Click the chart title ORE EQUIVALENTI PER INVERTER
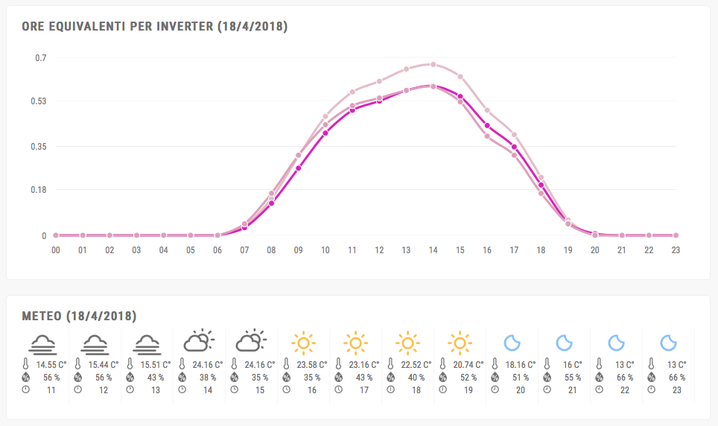coord(154,27)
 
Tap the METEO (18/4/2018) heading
coord(80,316)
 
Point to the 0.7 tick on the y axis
coord(40,57)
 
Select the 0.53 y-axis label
coord(38,101)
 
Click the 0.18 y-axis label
coord(38,190)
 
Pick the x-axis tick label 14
coord(433,250)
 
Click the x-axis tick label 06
coord(217,250)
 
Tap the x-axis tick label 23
coord(675,250)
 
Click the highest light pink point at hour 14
coord(433,64)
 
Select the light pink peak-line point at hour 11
coord(352,92)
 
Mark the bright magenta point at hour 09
coord(298,168)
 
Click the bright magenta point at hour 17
coord(514,147)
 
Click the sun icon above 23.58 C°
coord(303,343)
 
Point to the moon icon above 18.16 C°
coord(512,343)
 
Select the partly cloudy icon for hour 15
coord(251,342)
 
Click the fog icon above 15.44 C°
coord(95,343)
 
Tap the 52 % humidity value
coord(468,378)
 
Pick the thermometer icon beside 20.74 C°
coord(442,365)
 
